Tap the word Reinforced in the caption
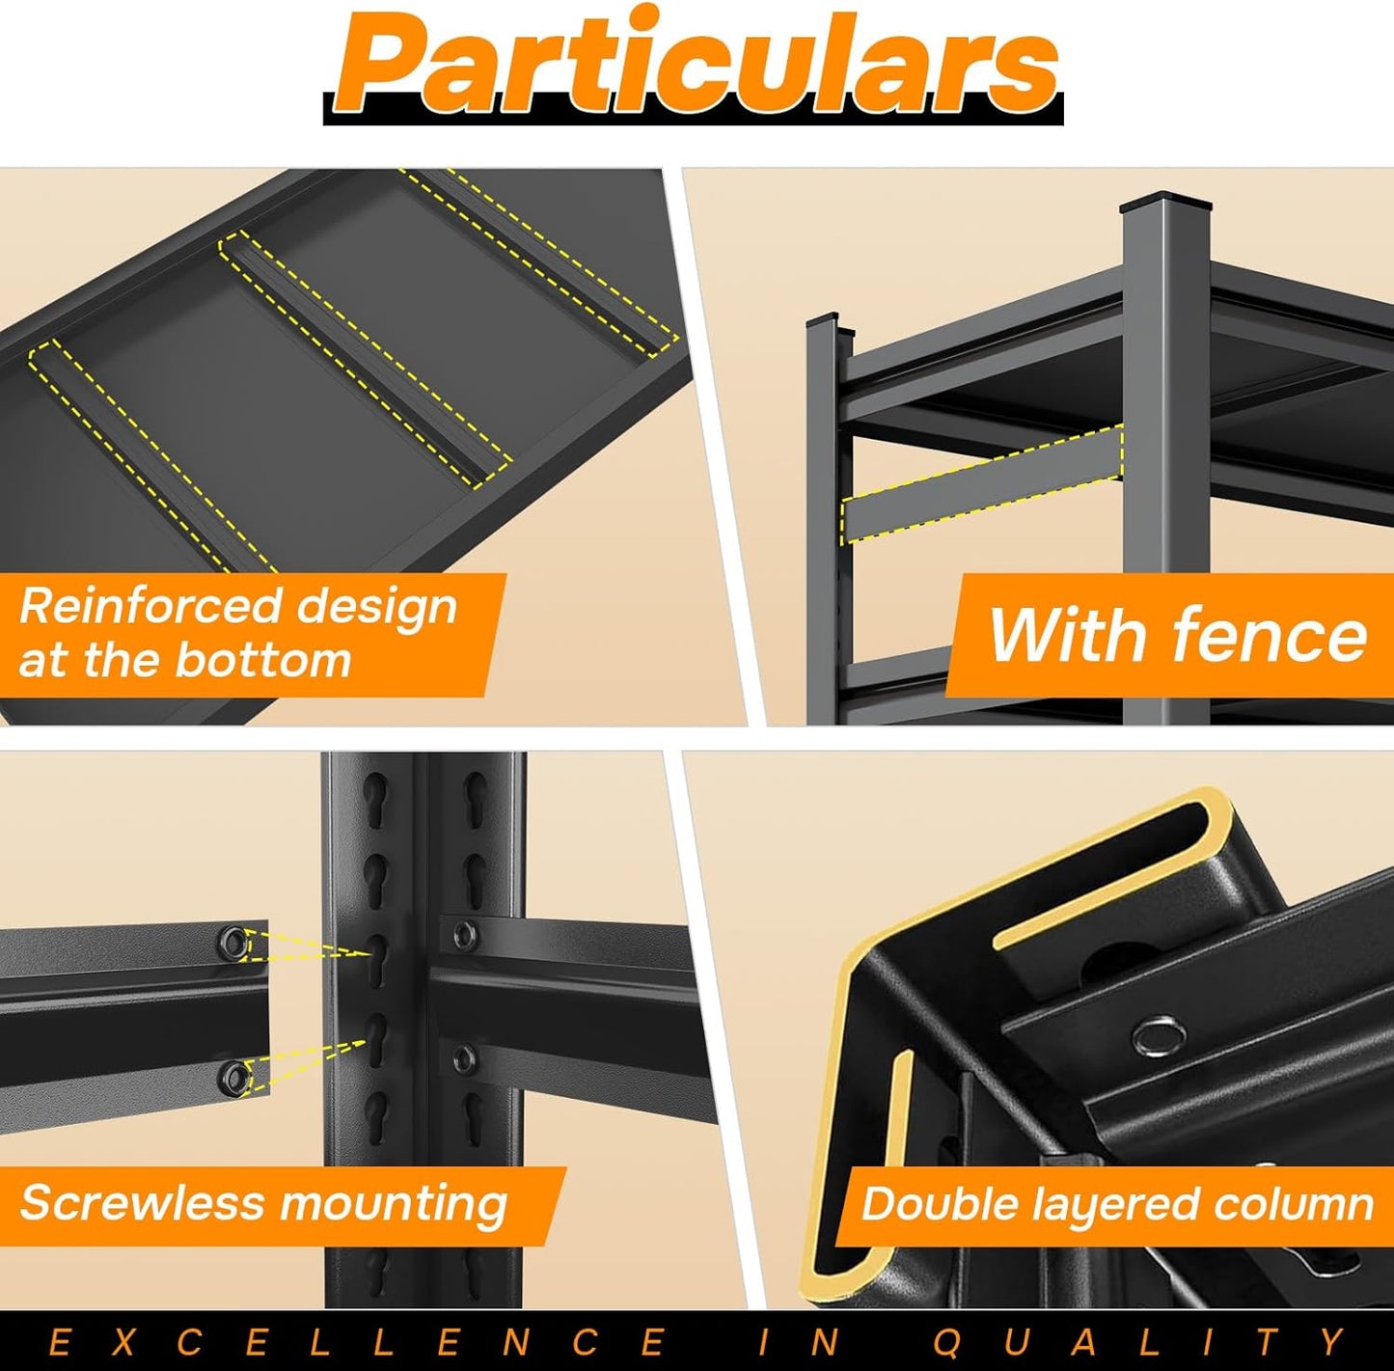[150, 606]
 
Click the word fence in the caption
[1269, 636]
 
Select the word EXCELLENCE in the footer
[357, 1342]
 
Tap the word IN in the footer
[800, 1342]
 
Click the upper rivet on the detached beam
[232, 941]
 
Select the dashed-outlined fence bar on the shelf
[982, 484]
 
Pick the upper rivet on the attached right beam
[464, 935]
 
